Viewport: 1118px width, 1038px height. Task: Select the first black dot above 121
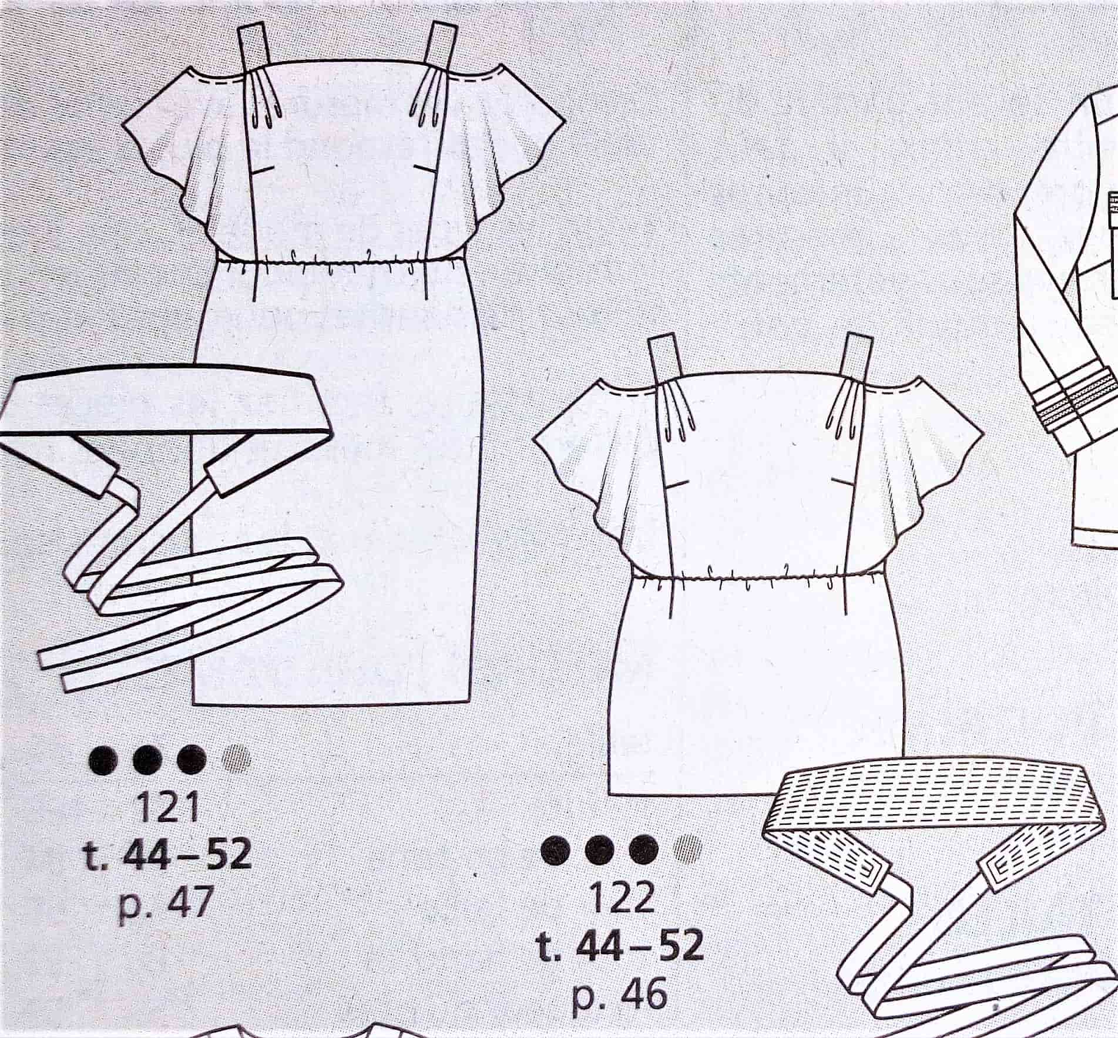pyautogui.click(x=102, y=762)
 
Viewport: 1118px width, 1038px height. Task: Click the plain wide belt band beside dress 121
pyautogui.click(x=164, y=405)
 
